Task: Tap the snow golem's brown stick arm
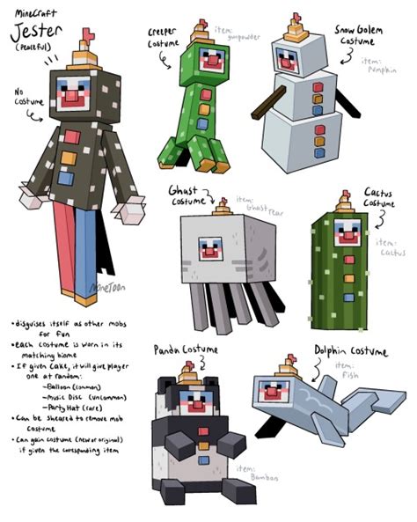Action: [x=262, y=106]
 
